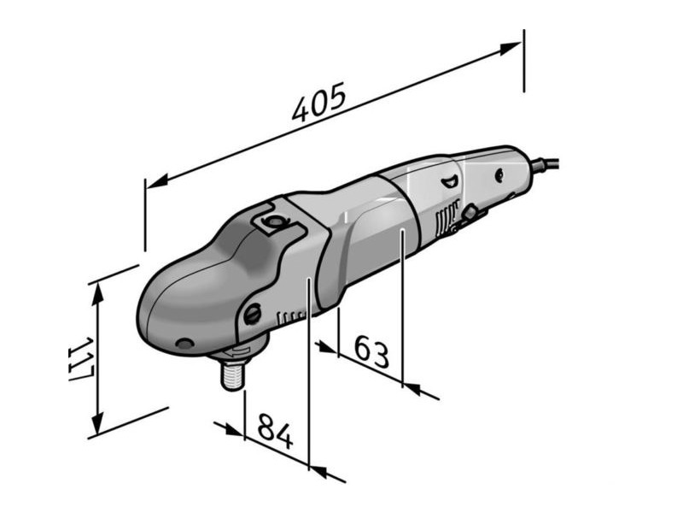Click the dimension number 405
(x=318, y=101)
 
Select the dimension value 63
(x=371, y=351)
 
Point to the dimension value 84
(x=275, y=433)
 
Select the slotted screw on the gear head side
(x=253, y=315)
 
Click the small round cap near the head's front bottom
(x=182, y=344)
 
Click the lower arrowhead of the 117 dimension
(x=100, y=427)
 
